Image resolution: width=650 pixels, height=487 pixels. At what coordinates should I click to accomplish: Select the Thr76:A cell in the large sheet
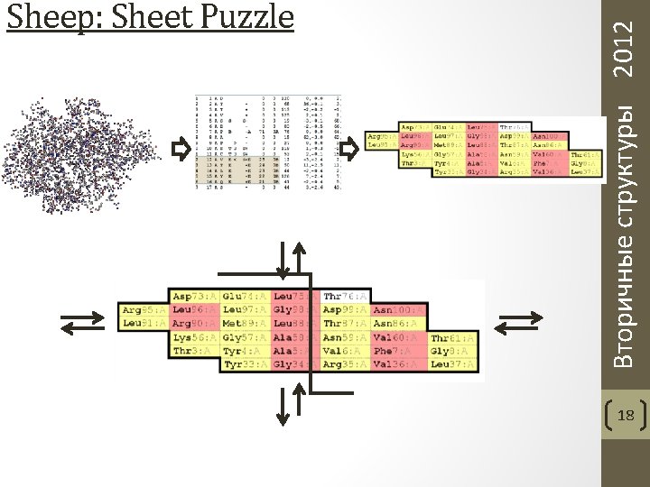pyautogui.click(x=346, y=296)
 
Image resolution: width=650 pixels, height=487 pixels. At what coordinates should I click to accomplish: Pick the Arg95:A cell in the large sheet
pyautogui.click(x=143, y=309)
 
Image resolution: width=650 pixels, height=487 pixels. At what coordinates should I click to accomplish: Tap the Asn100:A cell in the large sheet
pyautogui.click(x=398, y=309)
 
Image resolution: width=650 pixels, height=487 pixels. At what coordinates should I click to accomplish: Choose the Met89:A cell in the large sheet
pyautogui.click(x=244, y=323)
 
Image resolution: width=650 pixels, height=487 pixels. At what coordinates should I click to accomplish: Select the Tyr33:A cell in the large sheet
pyautogui.click(x=244, y=364)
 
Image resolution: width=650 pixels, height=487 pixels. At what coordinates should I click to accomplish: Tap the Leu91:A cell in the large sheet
pyautogui.click(x=143, y=323)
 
